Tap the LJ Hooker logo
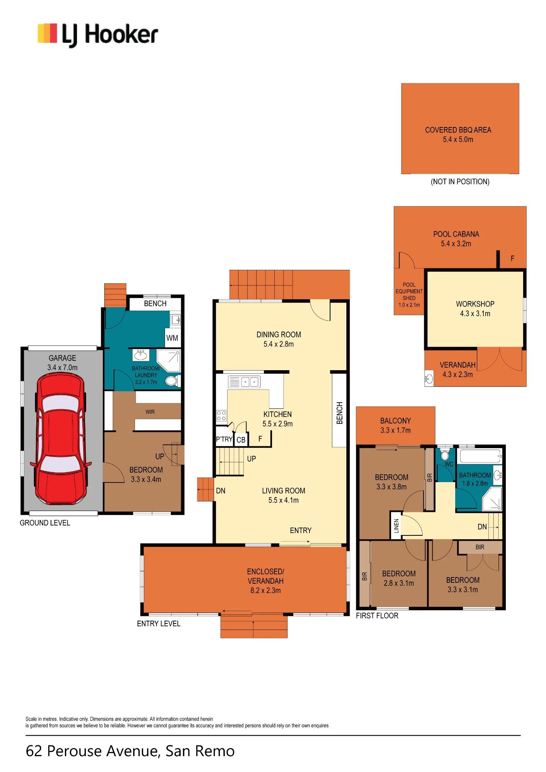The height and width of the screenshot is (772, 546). coord(98,34)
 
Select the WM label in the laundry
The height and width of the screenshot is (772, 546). coord(172,338)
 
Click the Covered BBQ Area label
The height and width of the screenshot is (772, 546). coord(458,135)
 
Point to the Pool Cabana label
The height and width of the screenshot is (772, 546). coord(456,239)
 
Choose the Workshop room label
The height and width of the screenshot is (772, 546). coord(475,309)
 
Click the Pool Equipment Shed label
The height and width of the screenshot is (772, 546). coord(409,295)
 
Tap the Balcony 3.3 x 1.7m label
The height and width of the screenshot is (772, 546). coord(395,425)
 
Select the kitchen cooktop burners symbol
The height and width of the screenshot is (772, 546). coord(221,416)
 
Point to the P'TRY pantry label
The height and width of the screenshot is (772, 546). coord(224,439)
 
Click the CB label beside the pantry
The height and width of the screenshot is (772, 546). coord(241,440)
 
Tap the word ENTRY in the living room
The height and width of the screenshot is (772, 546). coord(301,530)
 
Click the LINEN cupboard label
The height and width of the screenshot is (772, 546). coord(396,526)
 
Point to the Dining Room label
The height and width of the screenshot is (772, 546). coord(279,339)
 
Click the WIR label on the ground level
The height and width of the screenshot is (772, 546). coord(150,412)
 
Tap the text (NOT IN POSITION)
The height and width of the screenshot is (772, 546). coord(460,181)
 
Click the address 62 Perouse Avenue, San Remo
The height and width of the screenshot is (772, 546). coord(130,751)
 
